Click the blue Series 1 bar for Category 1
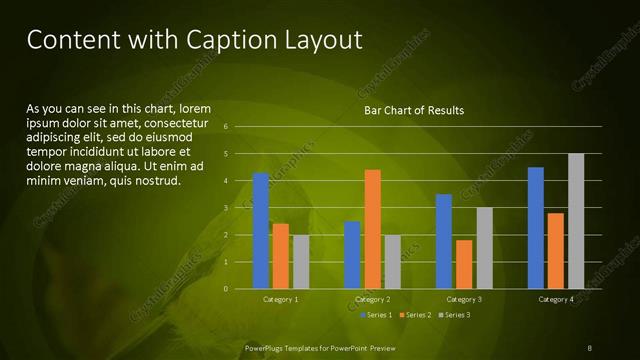[261, 231]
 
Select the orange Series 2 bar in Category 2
[372, 229]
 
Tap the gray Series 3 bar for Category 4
[575, 221]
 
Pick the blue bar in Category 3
[444, 241]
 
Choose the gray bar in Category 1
[301, 262]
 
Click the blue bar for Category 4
[536, 228]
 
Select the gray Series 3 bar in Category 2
[392, 262]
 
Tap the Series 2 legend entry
[414, 315]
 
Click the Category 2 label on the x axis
[372, 299]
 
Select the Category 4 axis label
[555, 299]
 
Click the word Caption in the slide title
[221, 40]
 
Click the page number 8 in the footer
[589, 347]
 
